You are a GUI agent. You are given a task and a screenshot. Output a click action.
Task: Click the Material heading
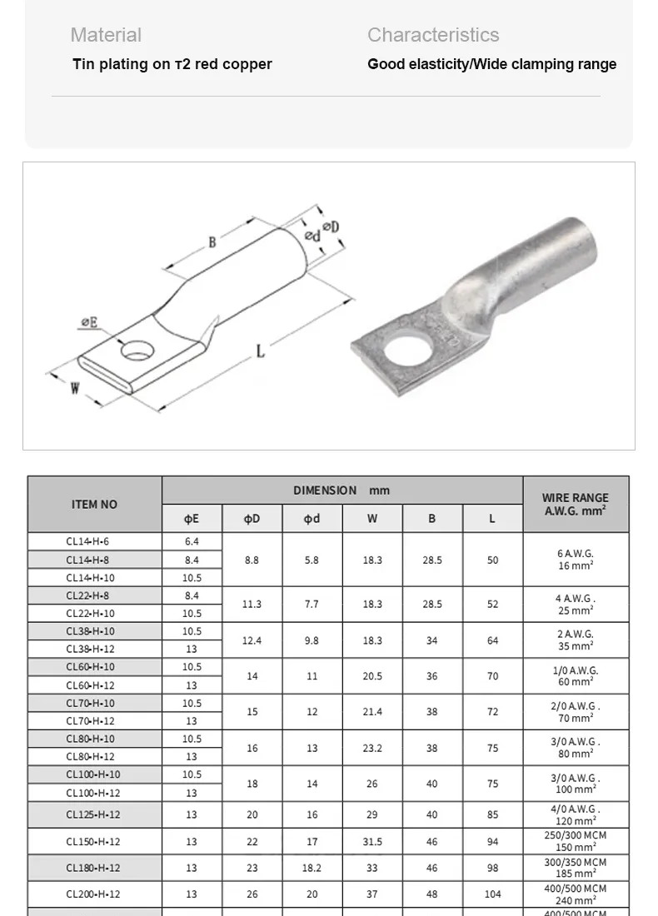coord(106,35)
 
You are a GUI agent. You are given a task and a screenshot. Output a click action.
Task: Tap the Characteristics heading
coord(433,35)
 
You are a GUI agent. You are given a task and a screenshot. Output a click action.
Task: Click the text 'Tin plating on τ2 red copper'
coord(172,64)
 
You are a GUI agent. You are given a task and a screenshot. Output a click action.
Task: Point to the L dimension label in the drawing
coord(261,351)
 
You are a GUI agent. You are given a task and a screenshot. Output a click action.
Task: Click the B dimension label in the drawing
coord(212,242)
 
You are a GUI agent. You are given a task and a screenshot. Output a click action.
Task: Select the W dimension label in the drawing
coord(74,387)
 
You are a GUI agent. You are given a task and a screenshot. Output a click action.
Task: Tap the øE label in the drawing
coord(89,323)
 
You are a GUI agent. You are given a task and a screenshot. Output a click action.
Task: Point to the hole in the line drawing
coord(138,350)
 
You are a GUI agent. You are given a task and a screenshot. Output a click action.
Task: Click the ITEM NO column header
coord(95,505)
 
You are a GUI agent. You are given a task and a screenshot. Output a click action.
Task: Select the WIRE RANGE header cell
coord(576,505)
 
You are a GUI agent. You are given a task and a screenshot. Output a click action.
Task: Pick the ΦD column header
coord(252,519)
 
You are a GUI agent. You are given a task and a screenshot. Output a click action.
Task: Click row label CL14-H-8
coord(87,560)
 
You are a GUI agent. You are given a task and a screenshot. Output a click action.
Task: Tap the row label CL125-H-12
coord(93,815)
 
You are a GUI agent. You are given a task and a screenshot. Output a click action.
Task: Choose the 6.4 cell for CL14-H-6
coord(192,541)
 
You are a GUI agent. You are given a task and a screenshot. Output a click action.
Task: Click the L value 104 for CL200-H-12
coord(492,894)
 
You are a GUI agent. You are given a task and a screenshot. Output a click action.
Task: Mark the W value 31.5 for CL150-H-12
coord(372,842)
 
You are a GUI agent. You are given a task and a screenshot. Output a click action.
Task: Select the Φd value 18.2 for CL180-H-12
coord(312,868)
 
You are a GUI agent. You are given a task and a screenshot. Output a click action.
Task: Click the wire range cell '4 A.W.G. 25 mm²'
coord(576,605)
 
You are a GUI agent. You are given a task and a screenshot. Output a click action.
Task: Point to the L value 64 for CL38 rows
coord(492,640)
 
